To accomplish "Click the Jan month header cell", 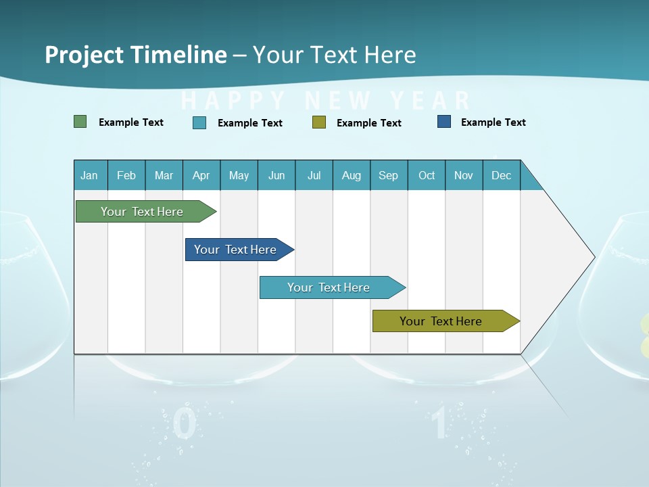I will (x=90, y=175).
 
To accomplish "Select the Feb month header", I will (x=126, y=175).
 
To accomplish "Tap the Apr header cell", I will (x=201, y=175).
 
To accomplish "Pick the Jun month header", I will (x=277, y=175).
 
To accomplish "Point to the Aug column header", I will (x=352, y=175).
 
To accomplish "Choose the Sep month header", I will (x=389, y=175).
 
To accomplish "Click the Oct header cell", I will (x=427, y=175).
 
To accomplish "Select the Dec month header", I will (x=502, y=175).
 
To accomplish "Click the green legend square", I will (x=80, y=122).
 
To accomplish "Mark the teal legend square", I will (x=199, y=122).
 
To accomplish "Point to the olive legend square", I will (x=319, y=122).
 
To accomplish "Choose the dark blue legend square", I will (x=444, y=122).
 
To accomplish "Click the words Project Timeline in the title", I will (x=135, y=55).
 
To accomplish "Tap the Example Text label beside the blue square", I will (x=493, y=122).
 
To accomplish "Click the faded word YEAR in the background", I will (x=431, y=101).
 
